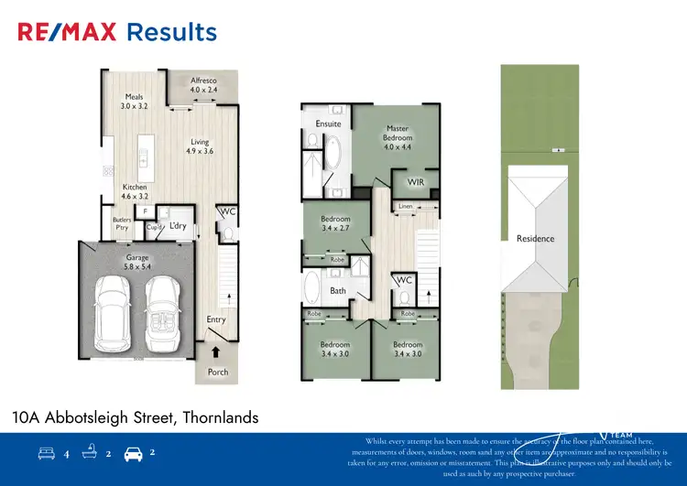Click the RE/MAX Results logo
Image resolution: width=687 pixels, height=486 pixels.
[x=117, y=33]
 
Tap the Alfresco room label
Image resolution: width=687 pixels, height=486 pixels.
[x=205, y=85]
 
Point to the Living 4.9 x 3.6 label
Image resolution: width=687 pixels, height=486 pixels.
[x=200, y=146]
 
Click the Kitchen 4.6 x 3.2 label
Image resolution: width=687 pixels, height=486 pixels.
[x=135, y=191]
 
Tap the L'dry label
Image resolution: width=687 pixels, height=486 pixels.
[x=178, y=225]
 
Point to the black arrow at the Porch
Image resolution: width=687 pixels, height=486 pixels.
[x=216, y=350]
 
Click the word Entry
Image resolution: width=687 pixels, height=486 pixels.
[x=216, y=319]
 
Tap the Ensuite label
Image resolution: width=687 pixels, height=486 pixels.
[x=328, y=124]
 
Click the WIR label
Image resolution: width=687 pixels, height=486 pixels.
[x=415, y=183]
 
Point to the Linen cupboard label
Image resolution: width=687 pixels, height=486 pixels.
[x=405, y=206]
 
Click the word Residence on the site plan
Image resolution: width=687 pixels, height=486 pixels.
[x=535, y=239]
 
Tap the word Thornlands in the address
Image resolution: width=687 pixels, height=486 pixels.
[x=220, y=417]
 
